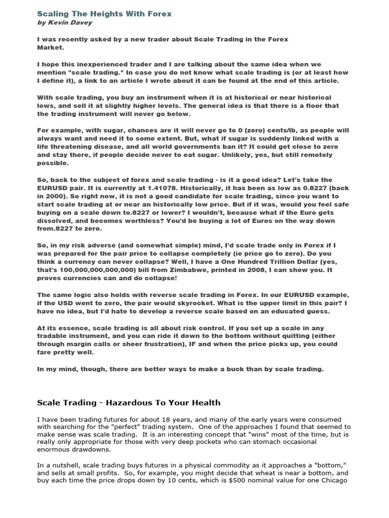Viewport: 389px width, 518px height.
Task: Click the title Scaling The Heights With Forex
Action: [104, 14]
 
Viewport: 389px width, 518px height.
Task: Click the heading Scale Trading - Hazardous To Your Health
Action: [129, 403]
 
